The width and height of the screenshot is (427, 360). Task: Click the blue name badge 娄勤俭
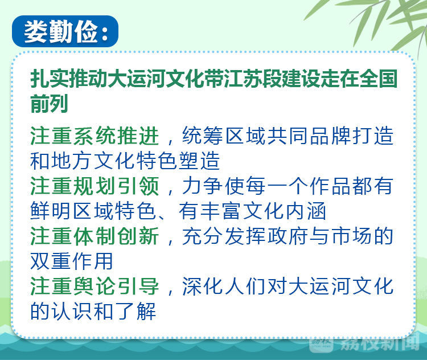(65, 31)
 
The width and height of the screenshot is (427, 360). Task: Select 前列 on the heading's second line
(49, 104)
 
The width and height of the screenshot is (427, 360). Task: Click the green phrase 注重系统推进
(95, 136)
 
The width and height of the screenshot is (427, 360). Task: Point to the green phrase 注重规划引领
(95, 186)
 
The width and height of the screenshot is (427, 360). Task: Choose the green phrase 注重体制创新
(95, 236)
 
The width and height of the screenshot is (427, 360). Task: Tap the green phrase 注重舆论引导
(95, 286)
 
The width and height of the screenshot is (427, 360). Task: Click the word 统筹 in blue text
(203, 136)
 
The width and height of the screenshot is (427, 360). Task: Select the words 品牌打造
(352, 136)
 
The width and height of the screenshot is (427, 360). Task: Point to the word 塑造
(199, 161)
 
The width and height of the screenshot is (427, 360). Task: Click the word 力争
(203, 186)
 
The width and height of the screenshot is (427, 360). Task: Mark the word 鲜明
(51, 211)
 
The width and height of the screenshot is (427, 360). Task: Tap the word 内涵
(306, 211)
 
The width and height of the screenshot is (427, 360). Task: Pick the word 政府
(288, 236)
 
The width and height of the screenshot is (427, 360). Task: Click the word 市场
(352, 236)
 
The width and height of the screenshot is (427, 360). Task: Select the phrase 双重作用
(72, 261)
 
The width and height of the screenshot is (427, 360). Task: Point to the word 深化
(203, 286)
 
